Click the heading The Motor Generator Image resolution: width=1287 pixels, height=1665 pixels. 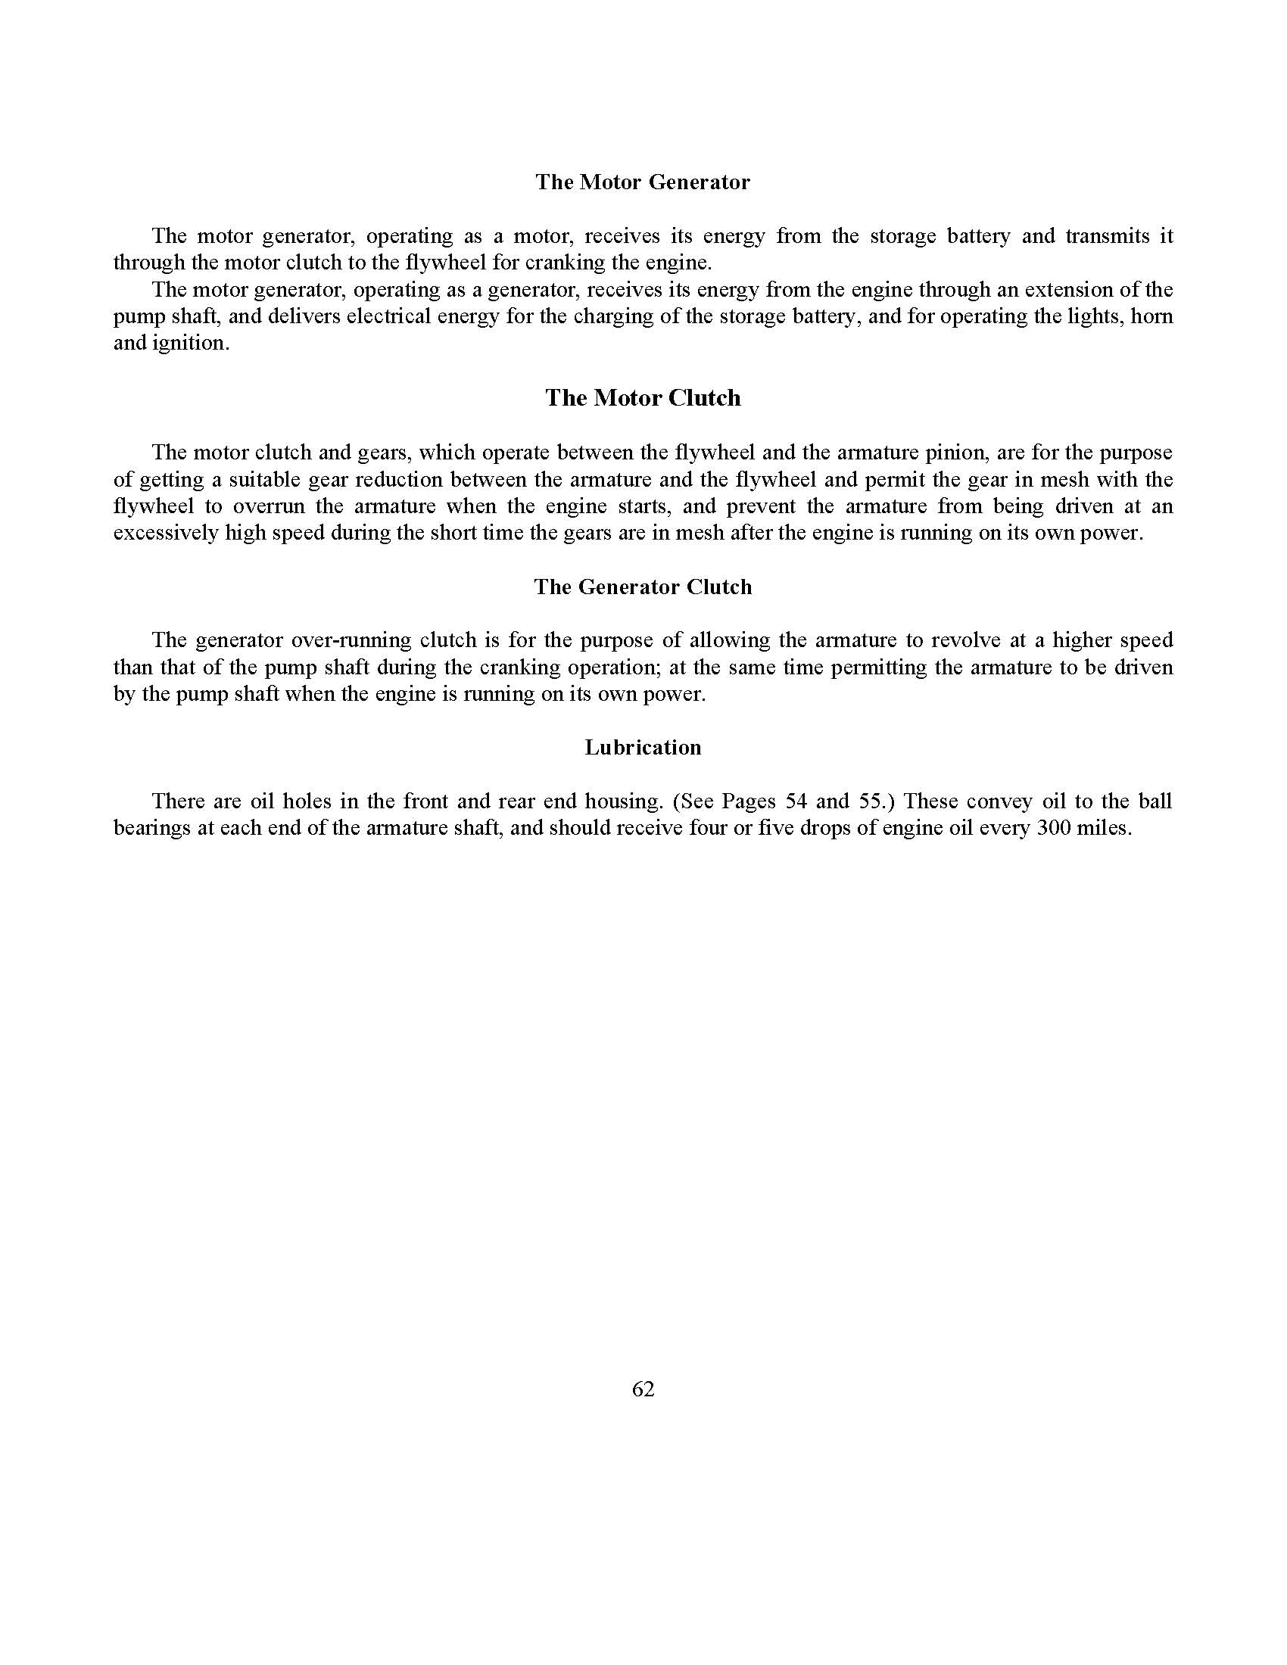click(x=642, y=182)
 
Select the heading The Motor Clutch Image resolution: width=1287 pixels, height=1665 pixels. click(x=642, y=398)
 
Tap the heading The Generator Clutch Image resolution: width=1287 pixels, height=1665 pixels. click(x=642, y=587)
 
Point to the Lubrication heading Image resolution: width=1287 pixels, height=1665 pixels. click(x=642, y=747)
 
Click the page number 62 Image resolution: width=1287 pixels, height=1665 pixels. click(x=643, y=1389)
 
